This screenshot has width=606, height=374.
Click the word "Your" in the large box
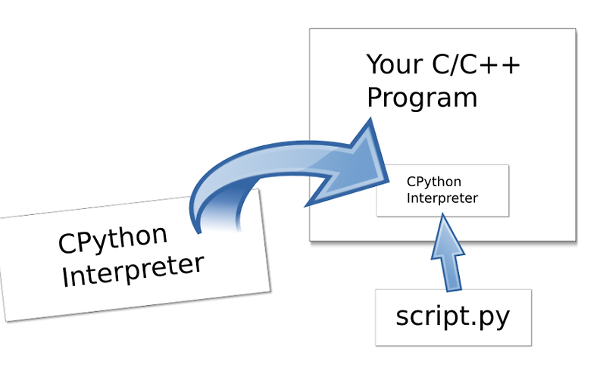point(396,64)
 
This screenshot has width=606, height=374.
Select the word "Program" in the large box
point(422,98)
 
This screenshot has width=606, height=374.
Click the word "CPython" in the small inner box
point(434,182)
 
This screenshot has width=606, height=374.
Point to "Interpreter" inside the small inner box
point(442,198)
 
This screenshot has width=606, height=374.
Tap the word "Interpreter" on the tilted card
point(133,272)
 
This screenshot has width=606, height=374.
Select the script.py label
point(453,316)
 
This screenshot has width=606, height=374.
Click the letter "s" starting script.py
point(402,318)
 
